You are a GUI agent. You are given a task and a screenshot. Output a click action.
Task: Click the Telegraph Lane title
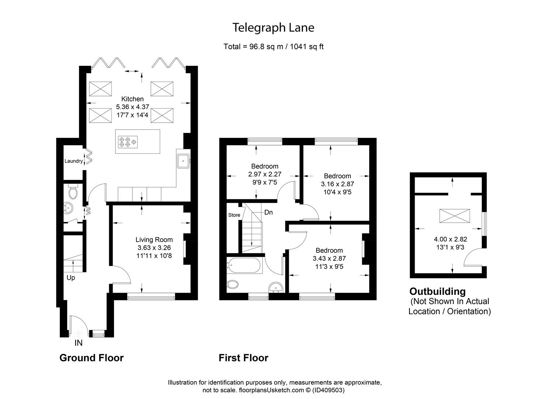tap(273, 28)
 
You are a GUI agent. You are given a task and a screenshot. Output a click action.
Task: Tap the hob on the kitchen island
tap(128, 142)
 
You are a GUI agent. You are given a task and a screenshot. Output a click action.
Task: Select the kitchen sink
tap(183, 161)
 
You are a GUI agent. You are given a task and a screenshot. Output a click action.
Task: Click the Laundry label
tap(73, 161)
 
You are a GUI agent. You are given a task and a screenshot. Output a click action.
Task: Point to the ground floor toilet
tap(73, 192)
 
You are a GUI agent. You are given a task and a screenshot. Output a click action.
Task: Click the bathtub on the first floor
tap(244, 265)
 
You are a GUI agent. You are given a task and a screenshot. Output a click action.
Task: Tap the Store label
tap(234, 215)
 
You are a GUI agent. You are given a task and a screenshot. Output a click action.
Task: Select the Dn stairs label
tap(269, 212)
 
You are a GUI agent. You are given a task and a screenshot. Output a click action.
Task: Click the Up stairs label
tap(71, 278)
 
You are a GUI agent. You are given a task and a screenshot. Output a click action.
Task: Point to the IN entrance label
tap(79, 343)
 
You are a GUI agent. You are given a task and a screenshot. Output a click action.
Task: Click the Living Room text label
tap(154, 240)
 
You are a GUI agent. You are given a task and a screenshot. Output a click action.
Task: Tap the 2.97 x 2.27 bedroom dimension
tap(265, 174)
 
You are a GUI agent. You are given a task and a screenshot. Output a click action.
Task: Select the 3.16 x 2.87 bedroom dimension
tap(337, 184)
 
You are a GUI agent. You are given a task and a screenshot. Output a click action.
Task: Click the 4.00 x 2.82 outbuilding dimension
tap(450, 239)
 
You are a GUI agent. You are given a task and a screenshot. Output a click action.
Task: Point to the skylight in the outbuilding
tap(454, 216)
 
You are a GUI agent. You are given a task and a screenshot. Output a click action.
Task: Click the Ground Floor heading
tap(91, 358)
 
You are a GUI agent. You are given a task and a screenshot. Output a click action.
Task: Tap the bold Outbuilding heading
tap(437, 291)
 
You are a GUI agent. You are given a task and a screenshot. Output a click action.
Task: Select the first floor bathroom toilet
tap(233, 284)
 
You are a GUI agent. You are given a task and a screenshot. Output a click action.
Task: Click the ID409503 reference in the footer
tap(328, 390)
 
